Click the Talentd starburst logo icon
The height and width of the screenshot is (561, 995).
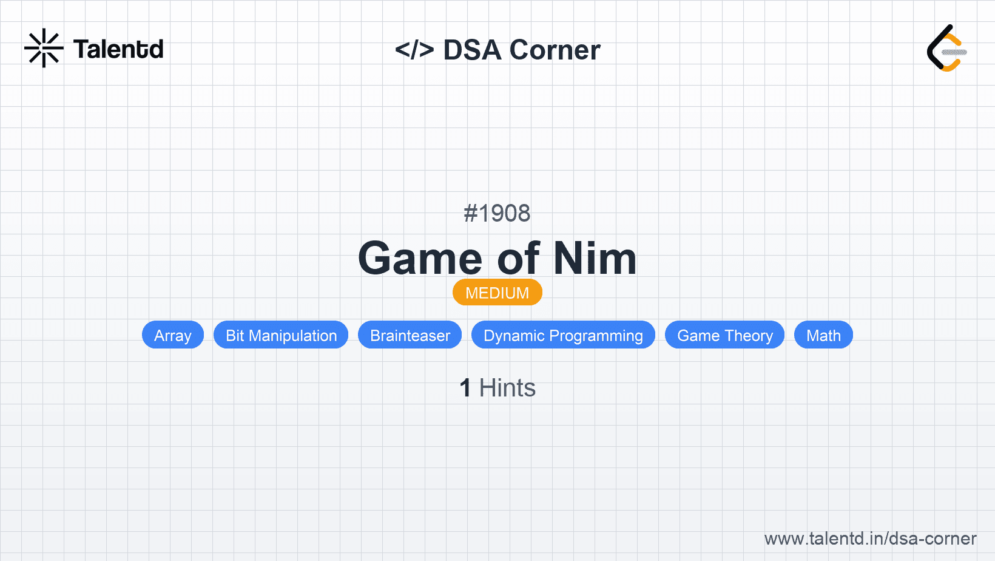click(x=44, y=48)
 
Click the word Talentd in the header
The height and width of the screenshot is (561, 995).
click(x=118, y=49)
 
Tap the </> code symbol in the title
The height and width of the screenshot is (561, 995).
click(x=414, y=50)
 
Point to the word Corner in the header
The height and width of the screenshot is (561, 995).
click(x=555, y=50)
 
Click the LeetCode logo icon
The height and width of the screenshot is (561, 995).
click(x=946, y=48)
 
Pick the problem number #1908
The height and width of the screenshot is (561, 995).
click(x=497, y=213)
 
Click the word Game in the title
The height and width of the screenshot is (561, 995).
click(x=420, y=259)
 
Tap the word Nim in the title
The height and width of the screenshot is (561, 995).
click(x=595, y=259)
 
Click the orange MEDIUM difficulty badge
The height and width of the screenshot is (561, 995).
click(x=497, y=293)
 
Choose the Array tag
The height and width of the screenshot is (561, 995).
click(x=173, y=335)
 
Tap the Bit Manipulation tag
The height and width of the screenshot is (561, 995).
click(x=281, y=335)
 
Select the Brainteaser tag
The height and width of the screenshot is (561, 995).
click(x=410, y=335)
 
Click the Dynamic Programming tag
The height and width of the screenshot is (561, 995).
click(x=563, y=335)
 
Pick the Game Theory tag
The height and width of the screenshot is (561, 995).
click(x=725, y=335)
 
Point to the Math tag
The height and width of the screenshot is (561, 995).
click(x=823, y=335)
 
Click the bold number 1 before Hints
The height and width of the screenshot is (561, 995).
click(x=465, y=388)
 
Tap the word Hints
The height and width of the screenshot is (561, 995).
click(x=507, y=388)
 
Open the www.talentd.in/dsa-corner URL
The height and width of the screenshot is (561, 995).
click(x=870, y=539)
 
